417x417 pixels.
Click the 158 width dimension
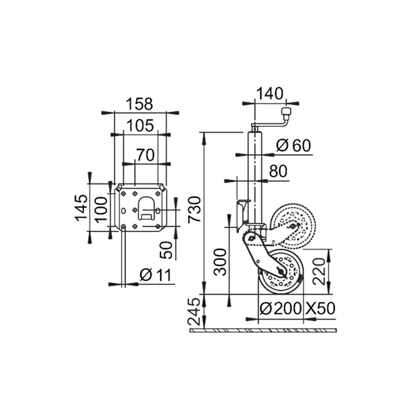140,104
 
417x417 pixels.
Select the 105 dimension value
140,126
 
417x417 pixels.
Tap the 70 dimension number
145,155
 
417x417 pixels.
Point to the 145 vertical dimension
81,208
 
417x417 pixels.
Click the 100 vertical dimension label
101,210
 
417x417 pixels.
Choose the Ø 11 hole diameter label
156,275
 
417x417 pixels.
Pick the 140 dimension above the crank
270,94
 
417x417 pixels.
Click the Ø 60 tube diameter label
293,145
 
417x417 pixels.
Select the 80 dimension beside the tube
278,171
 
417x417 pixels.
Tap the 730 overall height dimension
195,210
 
